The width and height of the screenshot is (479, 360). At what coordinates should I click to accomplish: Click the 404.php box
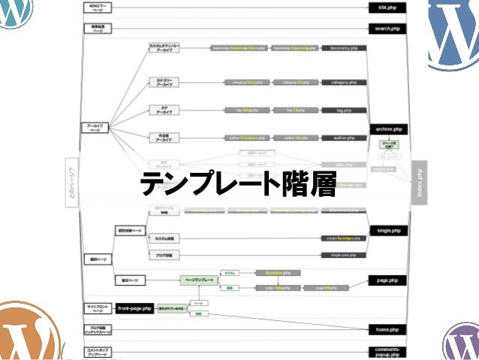coord(387,8)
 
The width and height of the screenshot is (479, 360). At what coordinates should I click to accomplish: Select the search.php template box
coord(387,29)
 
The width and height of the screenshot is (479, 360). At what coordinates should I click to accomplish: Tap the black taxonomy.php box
coord(344,47)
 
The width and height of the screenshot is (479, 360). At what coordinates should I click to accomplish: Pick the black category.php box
coord(344,82)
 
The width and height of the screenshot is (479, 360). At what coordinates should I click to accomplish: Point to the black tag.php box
coord(344,110)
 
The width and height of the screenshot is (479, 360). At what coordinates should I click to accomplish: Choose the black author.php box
coord(344,138)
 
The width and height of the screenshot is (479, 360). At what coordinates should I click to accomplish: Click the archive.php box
coord(387,129)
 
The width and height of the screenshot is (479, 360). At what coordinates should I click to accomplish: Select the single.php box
coord(387,230)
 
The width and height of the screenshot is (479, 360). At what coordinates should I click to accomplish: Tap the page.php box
coord(387,280)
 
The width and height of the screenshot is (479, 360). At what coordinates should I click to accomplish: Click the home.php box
coord(387,329)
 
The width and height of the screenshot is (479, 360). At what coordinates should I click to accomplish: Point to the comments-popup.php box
coord(387,352)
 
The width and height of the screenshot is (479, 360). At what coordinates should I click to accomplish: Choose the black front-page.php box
coord(134,308)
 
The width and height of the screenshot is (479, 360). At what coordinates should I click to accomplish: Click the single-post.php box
coord(344,256)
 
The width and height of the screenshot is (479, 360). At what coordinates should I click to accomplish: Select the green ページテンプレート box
coord(198,280)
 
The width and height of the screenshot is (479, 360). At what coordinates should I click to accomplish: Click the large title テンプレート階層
coord(239,183)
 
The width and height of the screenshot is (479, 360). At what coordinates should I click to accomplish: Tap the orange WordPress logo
coord(26,334)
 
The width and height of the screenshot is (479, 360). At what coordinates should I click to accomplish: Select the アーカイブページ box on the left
coord(95,129)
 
